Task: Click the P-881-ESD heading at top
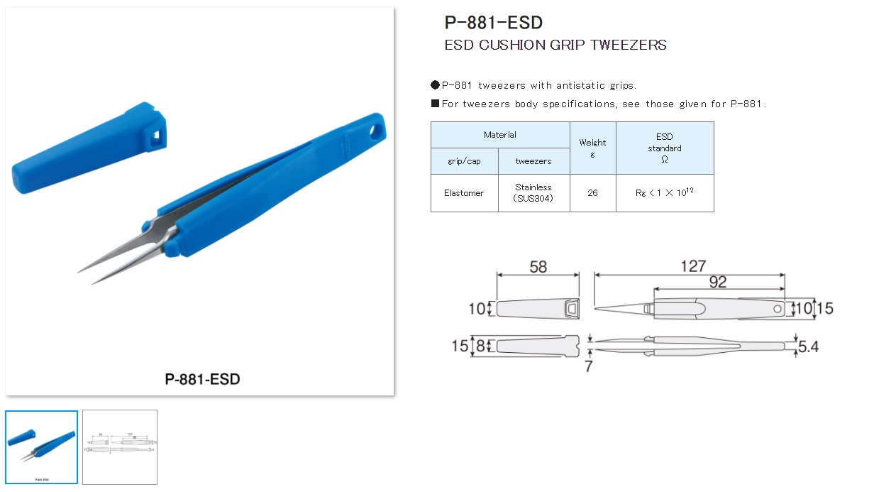pos(493,23)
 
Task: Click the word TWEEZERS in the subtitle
pos(628,45)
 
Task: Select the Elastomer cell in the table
pos(464,193)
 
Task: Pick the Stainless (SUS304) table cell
pos(533,193)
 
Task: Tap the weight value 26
pos(592,193)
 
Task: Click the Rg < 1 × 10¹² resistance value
pos(665,192)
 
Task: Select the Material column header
pos(500,135)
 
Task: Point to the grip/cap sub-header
pos(464,161)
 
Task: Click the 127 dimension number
pos(692,266)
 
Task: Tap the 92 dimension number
pos(717,282)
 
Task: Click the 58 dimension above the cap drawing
pos(538,266)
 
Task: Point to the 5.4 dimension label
pos(809,347)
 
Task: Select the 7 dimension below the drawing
pos(588,367)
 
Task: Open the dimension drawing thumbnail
pos(120,447)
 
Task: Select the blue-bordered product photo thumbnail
pos(41,447)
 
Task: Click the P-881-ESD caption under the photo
pos(202,379)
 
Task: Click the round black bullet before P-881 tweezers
pos(435,85)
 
